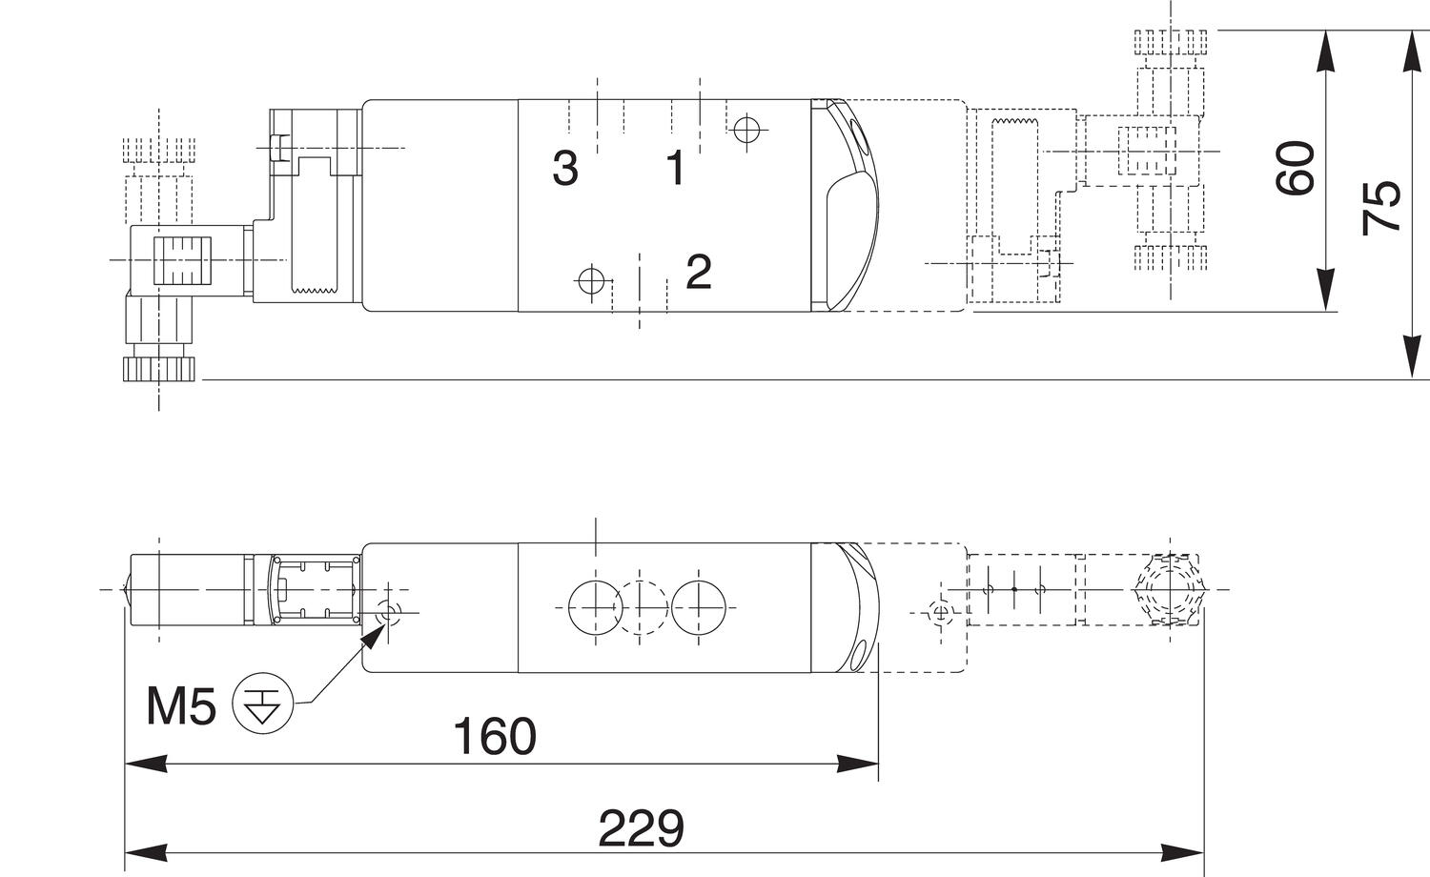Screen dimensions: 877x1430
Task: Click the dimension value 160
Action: [494, 736]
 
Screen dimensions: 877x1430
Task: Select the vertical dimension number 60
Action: [1296, 168]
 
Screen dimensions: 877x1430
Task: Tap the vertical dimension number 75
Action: [1381, 206]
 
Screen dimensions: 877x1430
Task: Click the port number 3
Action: [565, 169]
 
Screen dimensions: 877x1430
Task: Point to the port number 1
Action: [675, 169]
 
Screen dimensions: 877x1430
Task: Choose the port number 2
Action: [698, 273]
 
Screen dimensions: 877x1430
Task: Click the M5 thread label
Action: [180, 706]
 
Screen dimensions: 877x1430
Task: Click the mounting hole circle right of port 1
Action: [746, 128]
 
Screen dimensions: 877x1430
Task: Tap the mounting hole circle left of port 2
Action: [591, 280]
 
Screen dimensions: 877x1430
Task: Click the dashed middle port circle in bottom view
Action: [645, 606]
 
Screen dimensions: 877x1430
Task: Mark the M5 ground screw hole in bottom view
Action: [388, 613]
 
